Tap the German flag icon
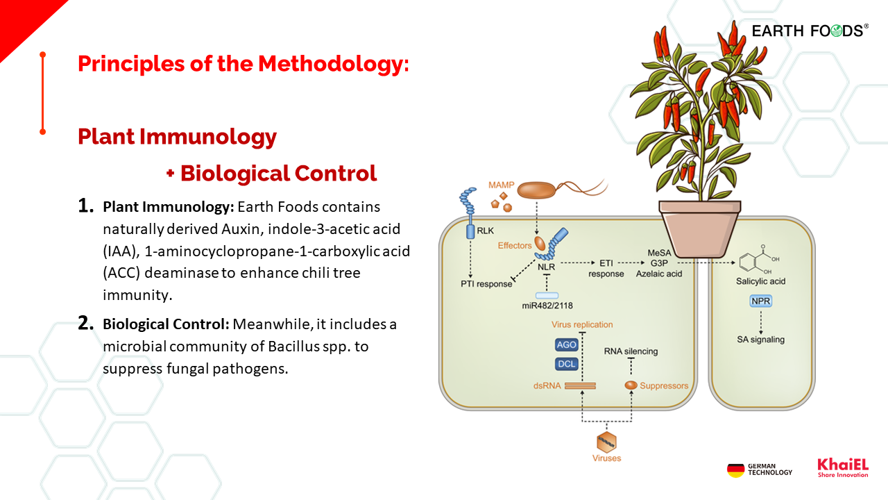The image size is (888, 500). point(735,470)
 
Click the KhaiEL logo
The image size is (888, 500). point(842,467)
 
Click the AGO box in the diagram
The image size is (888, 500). point(567,345)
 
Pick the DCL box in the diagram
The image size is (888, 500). point(567,365)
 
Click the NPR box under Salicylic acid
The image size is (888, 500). point(761,301)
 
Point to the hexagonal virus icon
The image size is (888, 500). point(606,441)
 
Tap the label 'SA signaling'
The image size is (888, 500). point(761,340)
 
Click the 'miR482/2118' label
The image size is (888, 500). point(547,306)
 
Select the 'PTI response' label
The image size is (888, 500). point(486,283)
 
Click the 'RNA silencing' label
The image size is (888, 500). point(631,351)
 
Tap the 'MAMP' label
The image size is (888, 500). point(501,185)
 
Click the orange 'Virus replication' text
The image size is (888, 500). point(582,324)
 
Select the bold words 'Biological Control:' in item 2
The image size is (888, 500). point(166,324)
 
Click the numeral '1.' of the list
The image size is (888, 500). point(85,206)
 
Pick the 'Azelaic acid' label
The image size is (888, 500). point(659,274)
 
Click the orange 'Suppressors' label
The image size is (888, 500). point(664,385)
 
